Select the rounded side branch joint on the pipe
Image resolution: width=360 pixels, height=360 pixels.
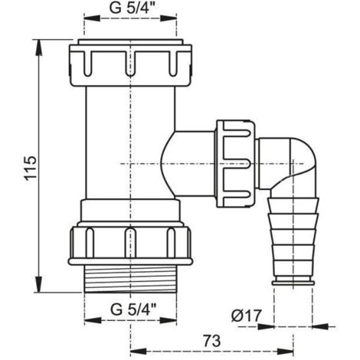pos(188,157)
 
